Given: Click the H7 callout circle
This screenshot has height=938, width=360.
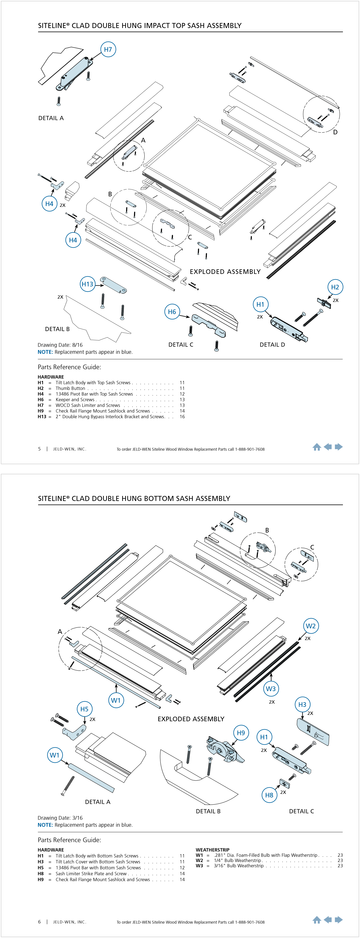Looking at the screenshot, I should (x=108, y=49).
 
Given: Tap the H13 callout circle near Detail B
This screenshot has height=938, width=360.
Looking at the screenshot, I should (x=87, y=284).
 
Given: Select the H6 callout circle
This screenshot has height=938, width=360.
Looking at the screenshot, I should (x=172, y=312).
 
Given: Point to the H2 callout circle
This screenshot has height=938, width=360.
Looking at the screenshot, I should (x=335, y=287).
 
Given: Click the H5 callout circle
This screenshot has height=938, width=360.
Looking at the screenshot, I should (x=85, y=709).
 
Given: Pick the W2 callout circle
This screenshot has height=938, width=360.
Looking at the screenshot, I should (x=311, y=626).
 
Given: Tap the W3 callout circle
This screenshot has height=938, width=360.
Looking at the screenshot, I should (x=270, y=689).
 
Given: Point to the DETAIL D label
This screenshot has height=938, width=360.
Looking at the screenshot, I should (x=272, y=344).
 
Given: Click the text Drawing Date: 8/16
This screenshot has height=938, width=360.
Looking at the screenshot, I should (x=60, y=345).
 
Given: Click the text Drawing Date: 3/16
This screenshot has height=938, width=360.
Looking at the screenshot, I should (x=60, y=818).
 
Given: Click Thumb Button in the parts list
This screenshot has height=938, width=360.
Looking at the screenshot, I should (x=70, y=388).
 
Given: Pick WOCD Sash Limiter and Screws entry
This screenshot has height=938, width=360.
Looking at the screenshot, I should (x=88, y=405).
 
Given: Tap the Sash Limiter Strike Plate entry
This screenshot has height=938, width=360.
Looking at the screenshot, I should (x=91, y=873).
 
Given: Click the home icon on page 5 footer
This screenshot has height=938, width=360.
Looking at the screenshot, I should (x=317, y=447).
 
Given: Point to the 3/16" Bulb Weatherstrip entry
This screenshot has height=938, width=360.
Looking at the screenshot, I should (x=238, y=866).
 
